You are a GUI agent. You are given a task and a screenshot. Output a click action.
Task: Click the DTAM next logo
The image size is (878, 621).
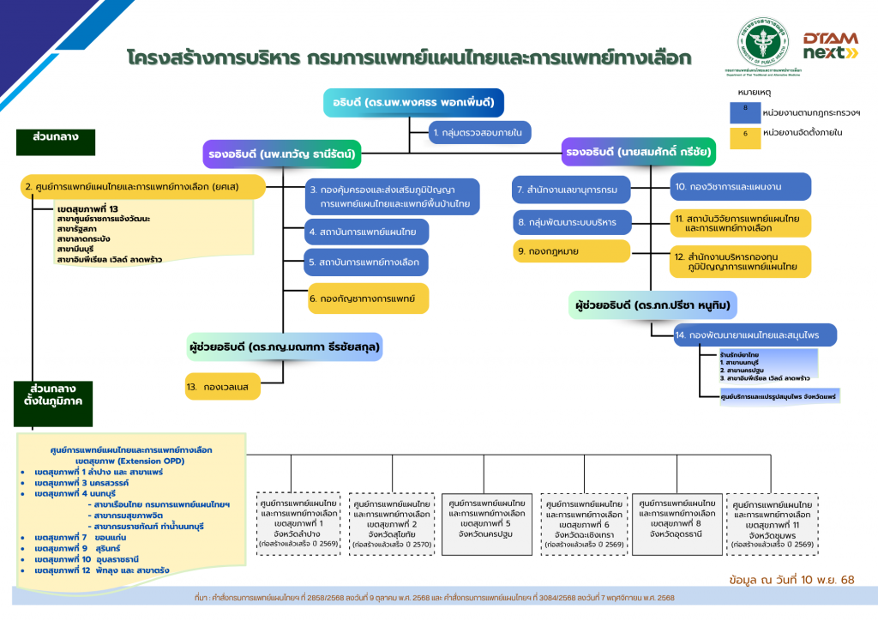pos(829,45)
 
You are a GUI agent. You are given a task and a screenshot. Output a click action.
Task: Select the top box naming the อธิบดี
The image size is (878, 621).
pos(413,103)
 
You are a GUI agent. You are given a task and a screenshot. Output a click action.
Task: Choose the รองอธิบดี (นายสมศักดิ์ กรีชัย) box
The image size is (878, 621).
pos(638,152)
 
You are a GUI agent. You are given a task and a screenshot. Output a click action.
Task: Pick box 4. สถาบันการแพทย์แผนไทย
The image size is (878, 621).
pos(367,231)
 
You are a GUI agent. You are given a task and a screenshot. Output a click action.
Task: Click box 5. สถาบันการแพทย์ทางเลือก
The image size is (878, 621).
pos(367,262)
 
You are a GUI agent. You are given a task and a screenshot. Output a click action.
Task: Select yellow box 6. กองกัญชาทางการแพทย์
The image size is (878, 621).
pos(367,298)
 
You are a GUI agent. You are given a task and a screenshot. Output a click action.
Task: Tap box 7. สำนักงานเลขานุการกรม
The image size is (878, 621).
pos(572,189)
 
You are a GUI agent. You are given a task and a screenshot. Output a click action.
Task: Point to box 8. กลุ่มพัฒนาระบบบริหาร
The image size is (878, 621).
pos(572,222)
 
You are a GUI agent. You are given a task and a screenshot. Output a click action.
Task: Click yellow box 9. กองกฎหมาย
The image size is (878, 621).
pos(572,251)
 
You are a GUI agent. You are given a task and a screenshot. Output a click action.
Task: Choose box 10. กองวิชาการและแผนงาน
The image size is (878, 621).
pos(740,186)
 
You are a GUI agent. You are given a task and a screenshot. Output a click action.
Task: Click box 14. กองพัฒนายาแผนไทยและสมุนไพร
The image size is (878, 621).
pos(755,335)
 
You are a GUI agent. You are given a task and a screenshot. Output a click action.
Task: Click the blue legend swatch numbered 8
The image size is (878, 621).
pos(745,112)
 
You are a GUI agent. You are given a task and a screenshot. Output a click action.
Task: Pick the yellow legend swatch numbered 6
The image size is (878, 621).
pos(745,137)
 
